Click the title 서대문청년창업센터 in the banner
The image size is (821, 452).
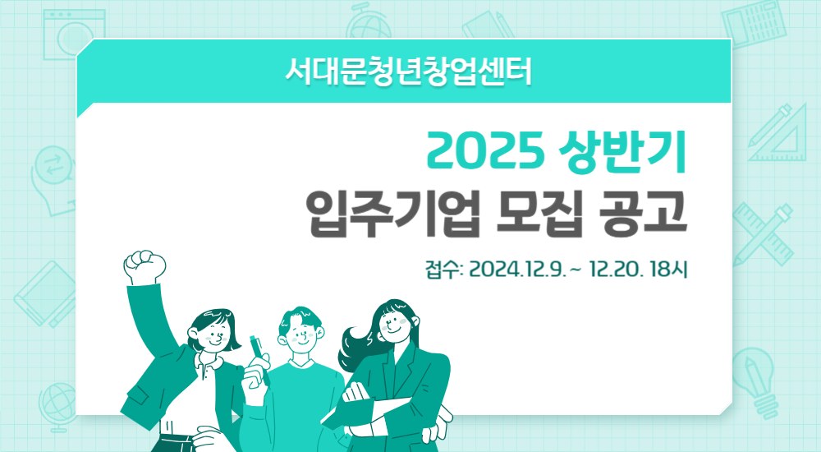click(x=408, y=71)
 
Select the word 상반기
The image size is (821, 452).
click(x=623, y=152)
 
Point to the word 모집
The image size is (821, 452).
click(x=541, y=214)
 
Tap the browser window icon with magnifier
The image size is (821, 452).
click(x=75, y=34)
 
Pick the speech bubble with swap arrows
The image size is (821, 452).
click(x=53, y=179)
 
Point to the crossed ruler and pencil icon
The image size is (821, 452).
click(x=763, y=233)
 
